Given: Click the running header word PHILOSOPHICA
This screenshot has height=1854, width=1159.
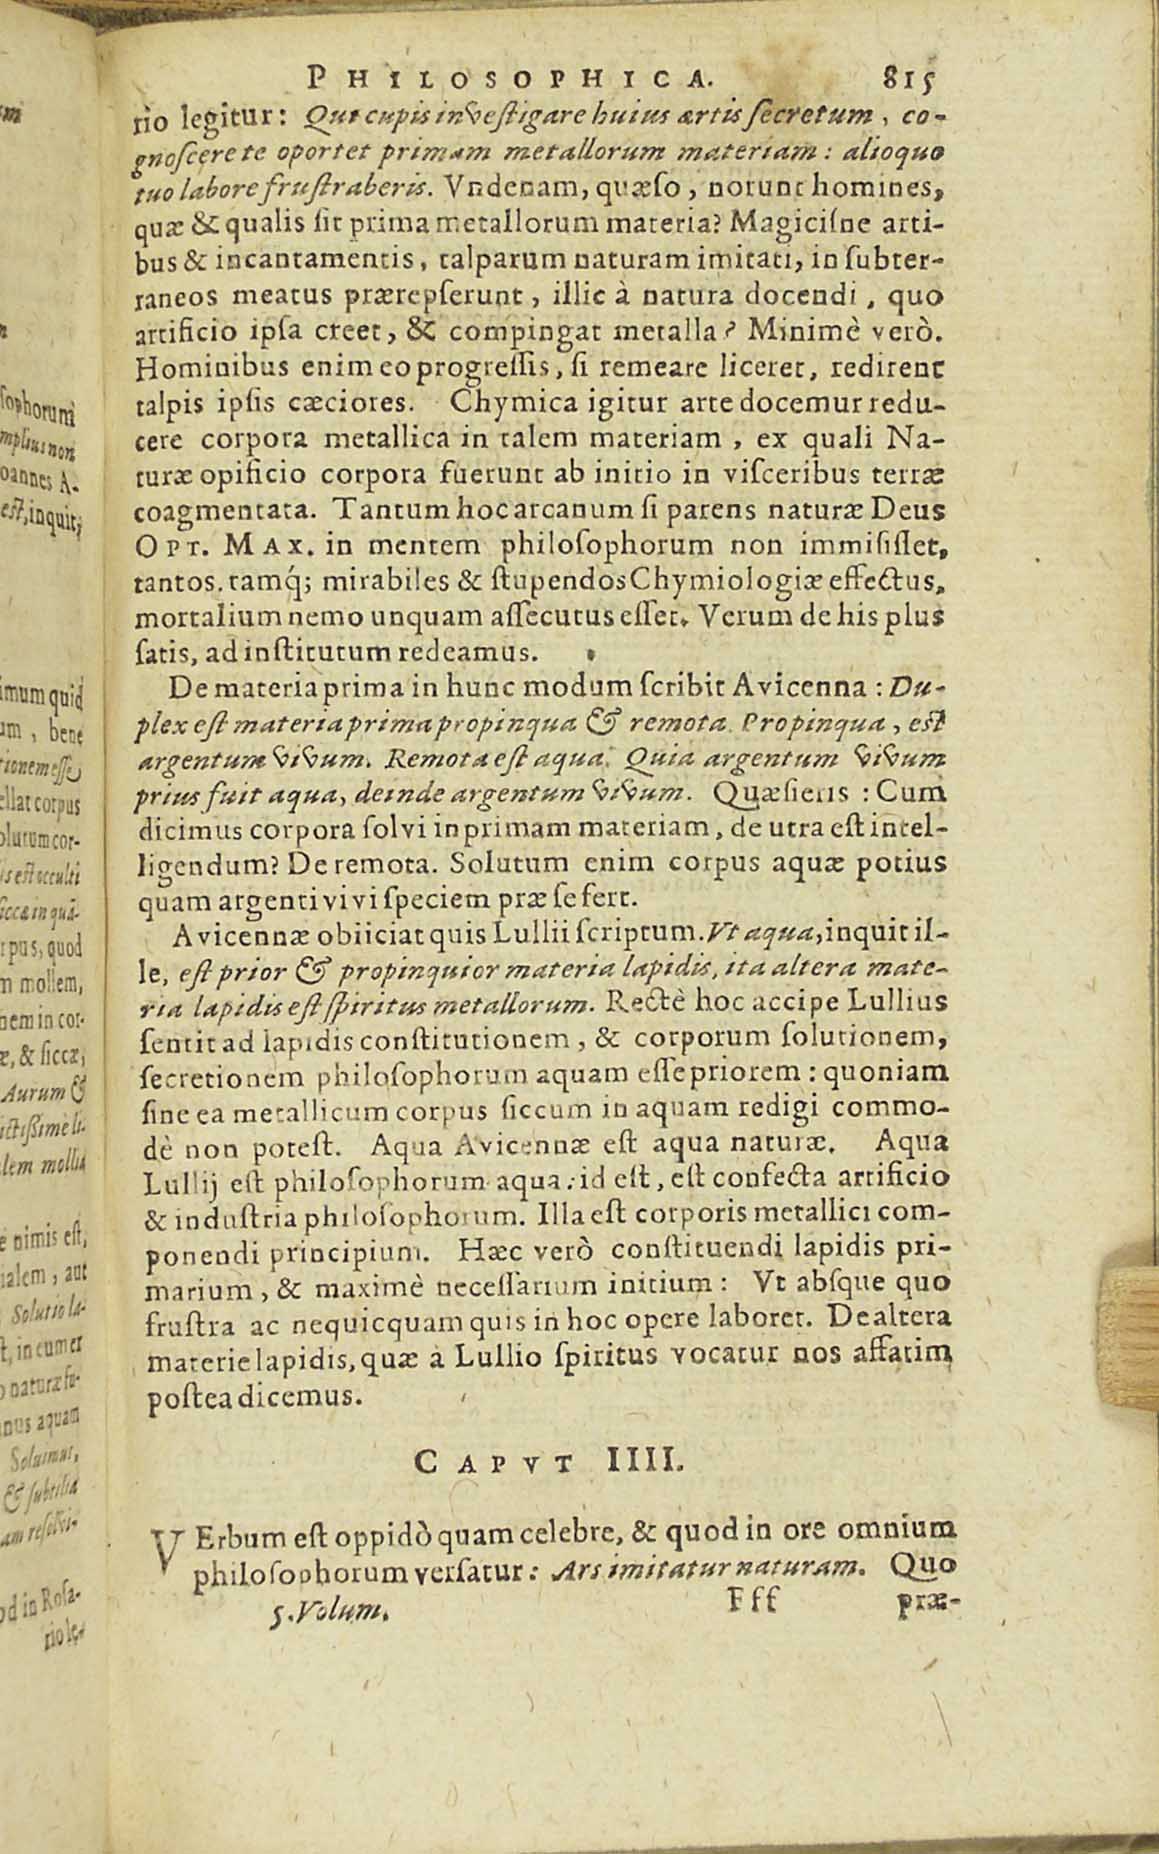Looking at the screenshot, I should coord(512,76).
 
